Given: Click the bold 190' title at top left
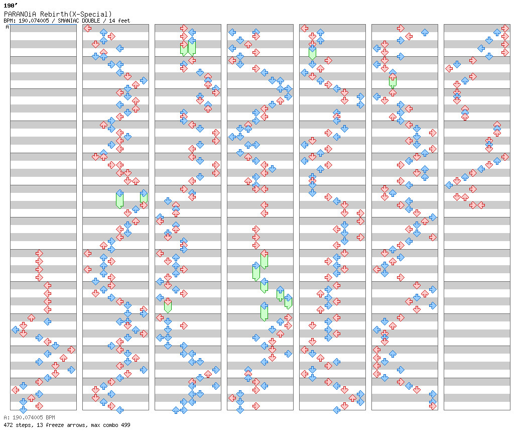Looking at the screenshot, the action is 11,6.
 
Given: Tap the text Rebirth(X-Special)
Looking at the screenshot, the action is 76,14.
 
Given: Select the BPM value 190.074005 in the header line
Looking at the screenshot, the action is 34,21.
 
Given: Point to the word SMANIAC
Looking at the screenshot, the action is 68,21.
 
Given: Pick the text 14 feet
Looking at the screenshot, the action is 119,21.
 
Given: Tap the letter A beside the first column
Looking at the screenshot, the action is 8,27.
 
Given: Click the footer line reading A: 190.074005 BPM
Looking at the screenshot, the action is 29,417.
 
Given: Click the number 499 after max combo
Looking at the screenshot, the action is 125,425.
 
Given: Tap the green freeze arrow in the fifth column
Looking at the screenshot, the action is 312,52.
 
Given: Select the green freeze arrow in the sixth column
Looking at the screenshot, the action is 393,80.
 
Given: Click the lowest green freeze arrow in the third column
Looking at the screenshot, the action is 168,305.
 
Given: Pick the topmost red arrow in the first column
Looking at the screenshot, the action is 39,253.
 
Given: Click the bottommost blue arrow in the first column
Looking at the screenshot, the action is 23,410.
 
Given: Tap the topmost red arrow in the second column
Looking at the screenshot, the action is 87,28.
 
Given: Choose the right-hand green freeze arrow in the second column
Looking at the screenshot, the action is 144,197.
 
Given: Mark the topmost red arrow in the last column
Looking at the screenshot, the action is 505,28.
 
